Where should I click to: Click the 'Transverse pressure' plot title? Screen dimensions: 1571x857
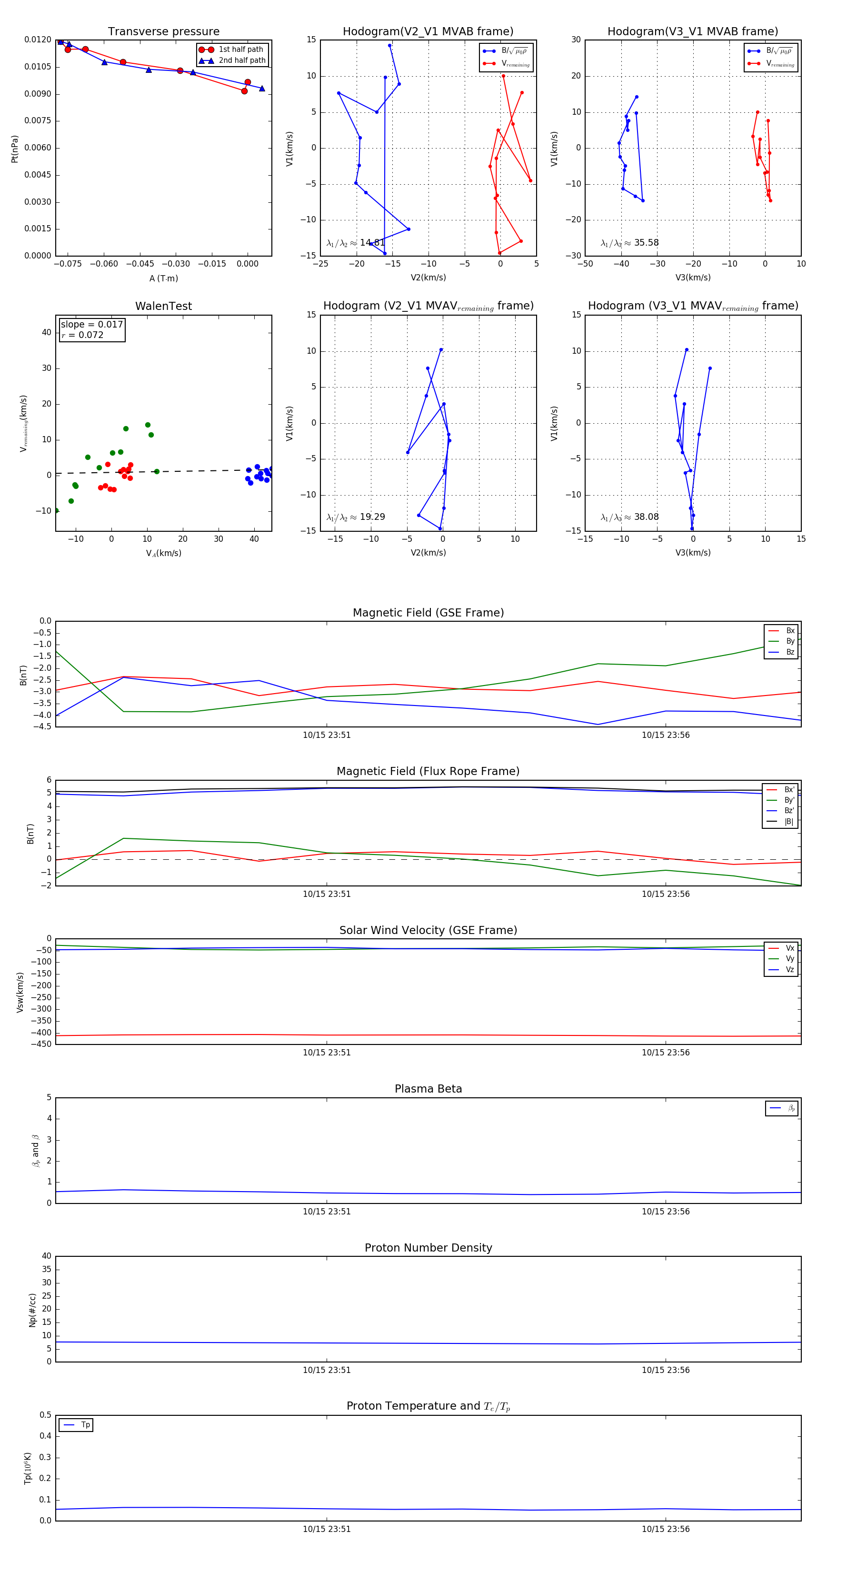163,32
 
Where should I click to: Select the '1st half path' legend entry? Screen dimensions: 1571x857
240,50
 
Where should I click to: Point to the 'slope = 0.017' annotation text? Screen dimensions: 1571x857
91,325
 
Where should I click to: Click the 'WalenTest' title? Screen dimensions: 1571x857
163,306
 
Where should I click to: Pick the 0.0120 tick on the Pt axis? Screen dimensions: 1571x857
38,40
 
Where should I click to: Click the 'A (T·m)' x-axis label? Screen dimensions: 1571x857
163,278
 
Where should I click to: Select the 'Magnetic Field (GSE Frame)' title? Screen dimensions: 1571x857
428,613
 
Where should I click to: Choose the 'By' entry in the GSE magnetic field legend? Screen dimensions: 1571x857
790,641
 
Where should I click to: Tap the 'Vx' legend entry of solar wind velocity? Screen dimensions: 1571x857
790,948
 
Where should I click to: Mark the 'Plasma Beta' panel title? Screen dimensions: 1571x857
428,1089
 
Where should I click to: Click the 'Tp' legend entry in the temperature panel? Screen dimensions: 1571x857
85,1425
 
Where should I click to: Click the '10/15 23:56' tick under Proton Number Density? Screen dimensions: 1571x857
666,1370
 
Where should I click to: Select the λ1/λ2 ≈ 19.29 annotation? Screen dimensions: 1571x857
356,517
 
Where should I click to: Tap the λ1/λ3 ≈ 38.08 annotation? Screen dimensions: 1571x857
629,517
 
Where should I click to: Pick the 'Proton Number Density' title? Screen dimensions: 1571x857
428,1248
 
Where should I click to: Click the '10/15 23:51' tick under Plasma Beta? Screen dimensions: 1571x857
327,1211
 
